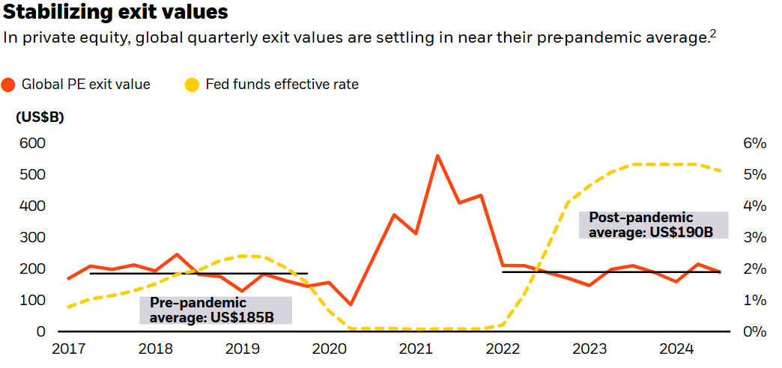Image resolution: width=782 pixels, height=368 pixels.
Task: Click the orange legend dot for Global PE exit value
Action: point(9,85)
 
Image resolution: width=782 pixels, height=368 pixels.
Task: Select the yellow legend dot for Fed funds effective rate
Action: point(193,85)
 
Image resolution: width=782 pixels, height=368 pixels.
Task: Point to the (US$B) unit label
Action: point(40,117)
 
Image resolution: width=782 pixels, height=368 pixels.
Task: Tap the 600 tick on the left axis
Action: point(31,144)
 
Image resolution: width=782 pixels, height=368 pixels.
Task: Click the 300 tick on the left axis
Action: point(31,238)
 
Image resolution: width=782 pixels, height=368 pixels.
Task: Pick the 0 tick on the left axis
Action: point(41,331)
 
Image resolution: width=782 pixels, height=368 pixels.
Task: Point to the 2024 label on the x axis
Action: point(675,349)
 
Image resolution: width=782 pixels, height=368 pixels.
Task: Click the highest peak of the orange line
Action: point(437,156)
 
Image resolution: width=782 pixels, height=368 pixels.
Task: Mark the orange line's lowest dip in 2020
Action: point(351,304)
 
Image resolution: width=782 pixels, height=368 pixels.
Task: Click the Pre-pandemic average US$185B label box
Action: point(216,310)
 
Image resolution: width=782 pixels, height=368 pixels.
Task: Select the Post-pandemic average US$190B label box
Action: point(654,225)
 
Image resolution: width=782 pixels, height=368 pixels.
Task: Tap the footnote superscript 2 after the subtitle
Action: point(713,33)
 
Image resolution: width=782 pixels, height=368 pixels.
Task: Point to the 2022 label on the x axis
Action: point(501,349)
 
